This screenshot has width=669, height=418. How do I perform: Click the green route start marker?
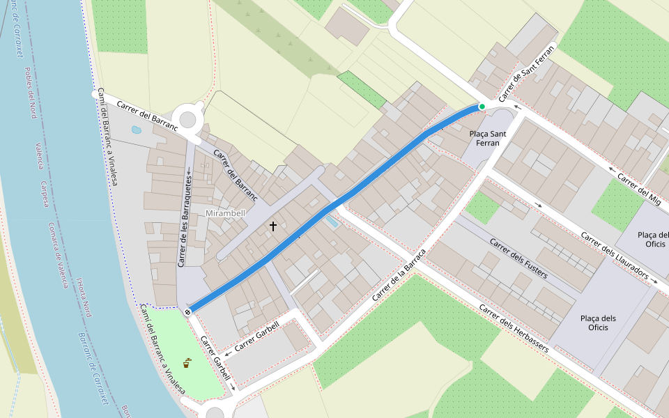click(x=482, y=106)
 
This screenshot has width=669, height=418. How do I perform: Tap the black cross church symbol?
click(x=273, y=226)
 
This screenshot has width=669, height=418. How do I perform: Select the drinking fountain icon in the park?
click(x=187, y=362)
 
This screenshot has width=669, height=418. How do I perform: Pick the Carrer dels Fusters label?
click(x=518, y=258)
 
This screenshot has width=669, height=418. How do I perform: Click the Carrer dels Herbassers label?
click(x=515, y=328)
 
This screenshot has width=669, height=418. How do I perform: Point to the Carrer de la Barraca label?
click(x=398, y=274)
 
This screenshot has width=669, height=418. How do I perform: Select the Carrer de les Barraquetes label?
click(x=185, y=217)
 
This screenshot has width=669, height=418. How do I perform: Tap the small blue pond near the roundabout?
click(x=136, y=130)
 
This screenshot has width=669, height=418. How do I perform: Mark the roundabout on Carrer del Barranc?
click(x=189, y=119)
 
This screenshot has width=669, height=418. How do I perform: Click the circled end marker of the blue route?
click(x=188, y=312)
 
